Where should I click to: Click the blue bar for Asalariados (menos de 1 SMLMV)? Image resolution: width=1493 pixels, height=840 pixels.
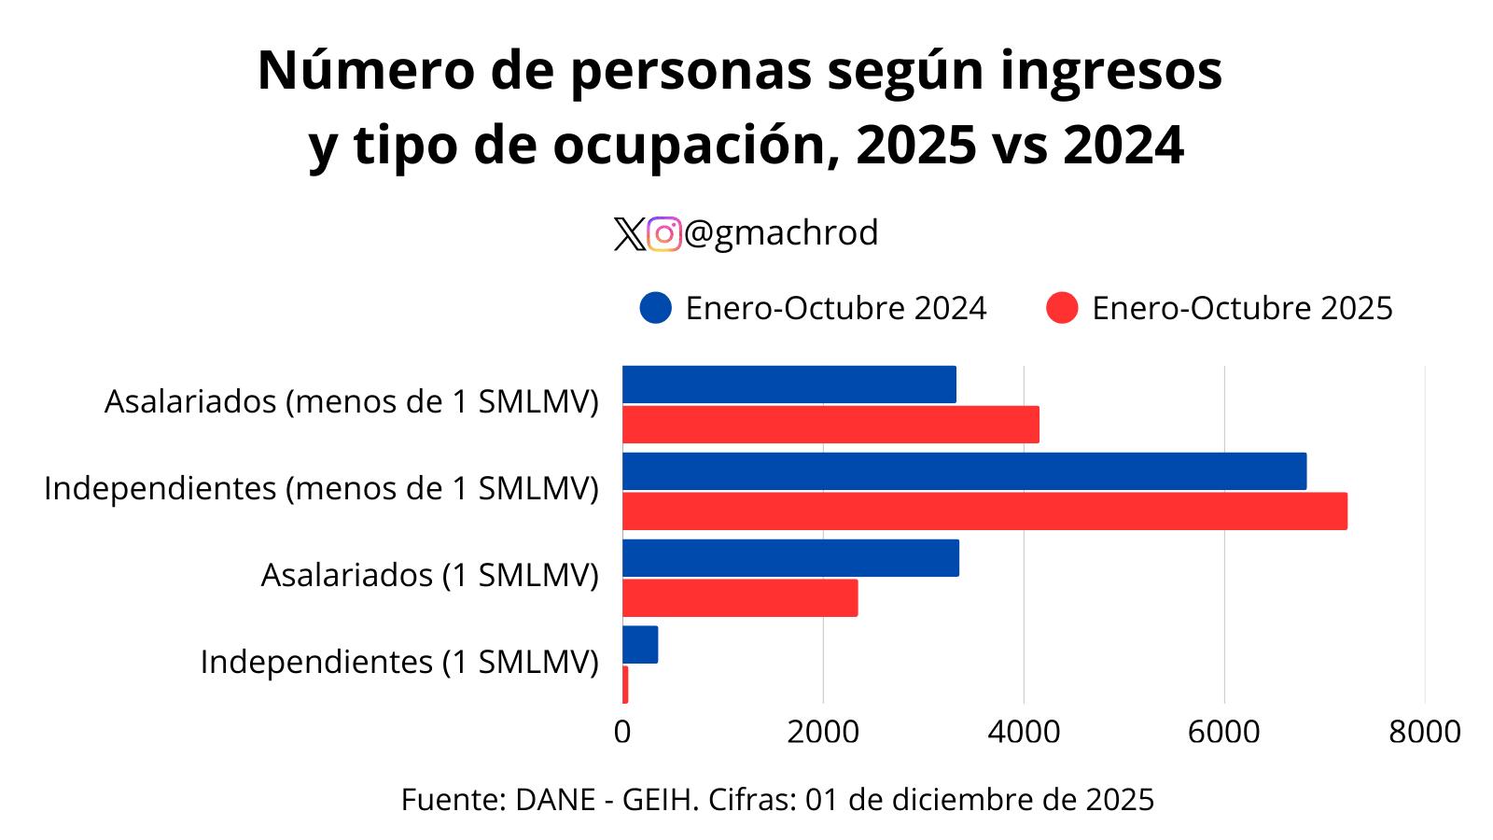(788, 385)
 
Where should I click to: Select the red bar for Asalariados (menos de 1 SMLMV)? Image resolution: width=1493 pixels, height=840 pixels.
(830, 425)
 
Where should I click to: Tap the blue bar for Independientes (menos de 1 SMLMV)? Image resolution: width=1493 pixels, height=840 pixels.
(964, 471)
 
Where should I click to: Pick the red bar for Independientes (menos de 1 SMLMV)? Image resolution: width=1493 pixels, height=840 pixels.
(984, 511)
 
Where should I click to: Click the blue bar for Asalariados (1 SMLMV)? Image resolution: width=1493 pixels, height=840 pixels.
(790, 558)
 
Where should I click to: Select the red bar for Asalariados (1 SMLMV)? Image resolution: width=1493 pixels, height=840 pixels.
(740, 598)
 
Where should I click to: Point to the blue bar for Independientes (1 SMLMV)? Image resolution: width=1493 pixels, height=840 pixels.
(640, 645)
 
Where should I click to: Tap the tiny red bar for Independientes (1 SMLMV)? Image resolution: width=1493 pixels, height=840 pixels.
(625, 685)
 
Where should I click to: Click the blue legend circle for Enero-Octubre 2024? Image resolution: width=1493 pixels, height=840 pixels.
(656, 308)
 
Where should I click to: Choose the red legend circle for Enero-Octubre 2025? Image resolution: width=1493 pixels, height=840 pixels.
(1062, 308)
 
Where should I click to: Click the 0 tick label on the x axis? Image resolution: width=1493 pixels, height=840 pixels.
(622, 732)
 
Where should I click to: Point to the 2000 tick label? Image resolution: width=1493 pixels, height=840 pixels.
(823, 732)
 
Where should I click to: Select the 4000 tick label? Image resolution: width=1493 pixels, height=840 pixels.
(1024, 732)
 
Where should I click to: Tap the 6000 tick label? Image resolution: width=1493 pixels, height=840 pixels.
(1224, 732)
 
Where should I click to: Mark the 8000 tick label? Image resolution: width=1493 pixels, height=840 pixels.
(1424, 732)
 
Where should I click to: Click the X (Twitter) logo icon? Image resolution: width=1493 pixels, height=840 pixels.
(630, 234)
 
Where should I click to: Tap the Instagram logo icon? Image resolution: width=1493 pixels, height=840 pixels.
(664, 234)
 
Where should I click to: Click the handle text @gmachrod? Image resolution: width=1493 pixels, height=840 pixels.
(781, 233)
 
